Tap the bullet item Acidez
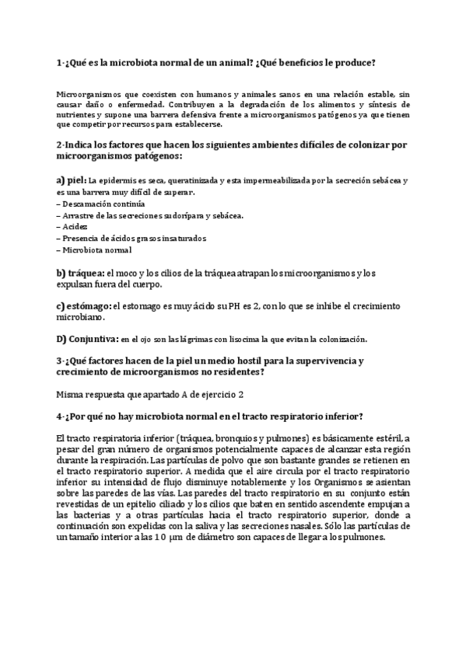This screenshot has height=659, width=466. [x=76, y=226]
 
